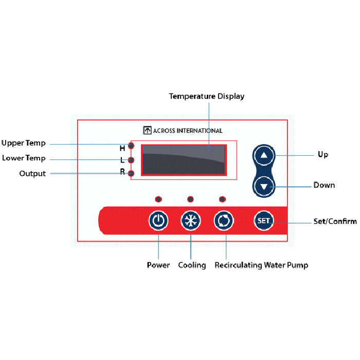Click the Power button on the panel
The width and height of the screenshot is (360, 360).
coord(158,221)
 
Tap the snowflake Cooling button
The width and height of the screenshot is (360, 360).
coord(191,221)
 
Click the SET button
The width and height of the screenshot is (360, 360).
coord(263,221)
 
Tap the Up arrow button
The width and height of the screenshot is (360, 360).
coord(264,155)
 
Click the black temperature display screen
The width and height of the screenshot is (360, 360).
coord(184,160)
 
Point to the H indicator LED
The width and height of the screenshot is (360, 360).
coord(132,147)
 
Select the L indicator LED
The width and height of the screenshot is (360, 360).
coord(132,160)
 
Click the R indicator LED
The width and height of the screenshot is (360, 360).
coord(132,173)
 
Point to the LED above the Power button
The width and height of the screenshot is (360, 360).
coord(158,199)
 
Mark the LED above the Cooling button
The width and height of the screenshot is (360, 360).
coord(190,199)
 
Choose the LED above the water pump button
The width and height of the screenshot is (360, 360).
coord(222,199)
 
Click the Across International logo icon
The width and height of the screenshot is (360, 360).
coord(147,131)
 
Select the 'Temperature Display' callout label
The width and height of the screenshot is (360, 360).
coord(207,96)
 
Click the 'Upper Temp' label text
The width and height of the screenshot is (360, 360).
coord(24,143)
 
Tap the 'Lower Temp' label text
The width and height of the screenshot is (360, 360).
coord(24,158)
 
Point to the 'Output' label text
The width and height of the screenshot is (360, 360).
coord(32,174)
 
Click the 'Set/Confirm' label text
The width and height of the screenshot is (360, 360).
coord(335,222)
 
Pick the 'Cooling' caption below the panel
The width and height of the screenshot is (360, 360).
coord(192,265)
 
